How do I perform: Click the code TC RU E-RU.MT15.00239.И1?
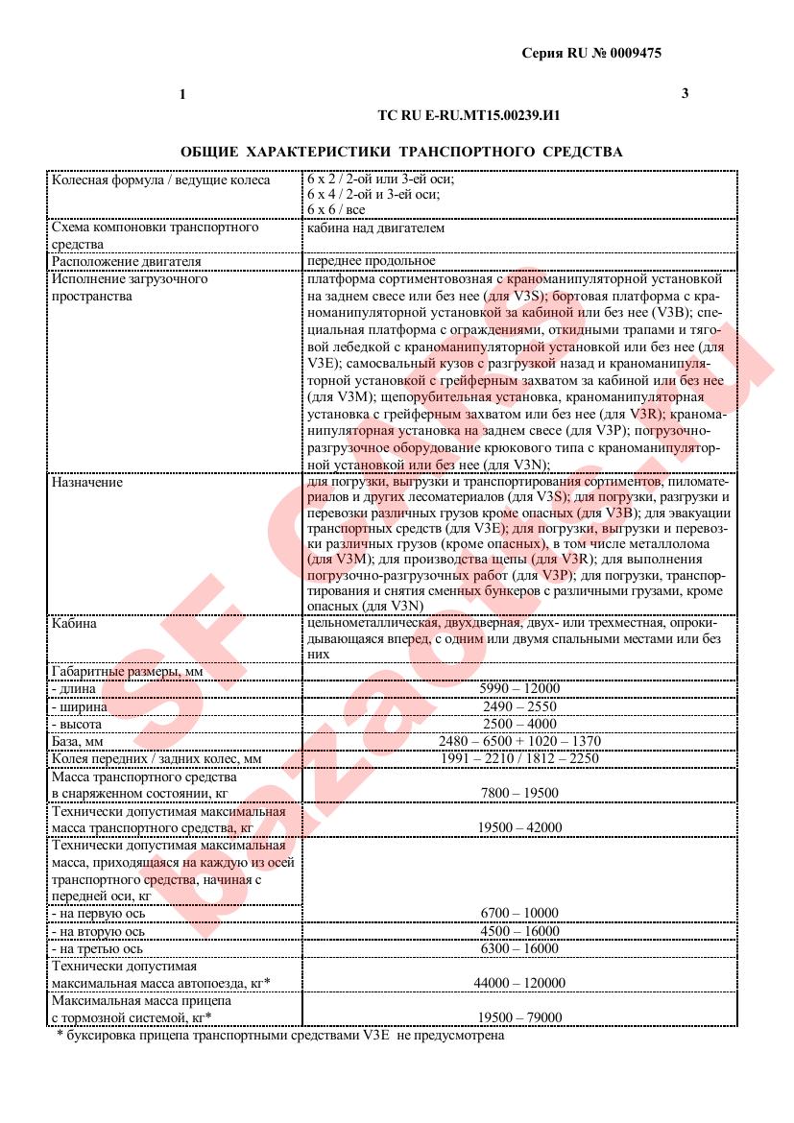[x=469, y=114]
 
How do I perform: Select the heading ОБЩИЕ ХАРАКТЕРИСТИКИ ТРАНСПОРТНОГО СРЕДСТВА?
[x=401, y=152]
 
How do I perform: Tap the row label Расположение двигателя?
[x=127, y=260]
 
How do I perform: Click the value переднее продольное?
[x=371, y=260]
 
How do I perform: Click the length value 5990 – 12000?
[x=518, y=688]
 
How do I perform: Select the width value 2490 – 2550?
[x=518, y=706]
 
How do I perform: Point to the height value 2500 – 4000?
[x=518, y=724]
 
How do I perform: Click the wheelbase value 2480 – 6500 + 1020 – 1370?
[x=518, y=741]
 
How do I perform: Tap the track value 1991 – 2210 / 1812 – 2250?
[x=518, y=758]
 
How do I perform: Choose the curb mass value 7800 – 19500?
[x=518, y=793]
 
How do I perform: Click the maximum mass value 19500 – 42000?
[x=518, y=827]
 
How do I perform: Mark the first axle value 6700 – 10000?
[x=518, y=913]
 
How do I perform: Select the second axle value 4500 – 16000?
[x=518, y=931]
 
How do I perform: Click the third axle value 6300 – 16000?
[x=518, y=948]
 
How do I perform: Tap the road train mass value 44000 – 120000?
[x=518, y=984]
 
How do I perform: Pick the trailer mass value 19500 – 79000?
[x=518, y=1017]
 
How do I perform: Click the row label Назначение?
[x=87, y=483]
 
